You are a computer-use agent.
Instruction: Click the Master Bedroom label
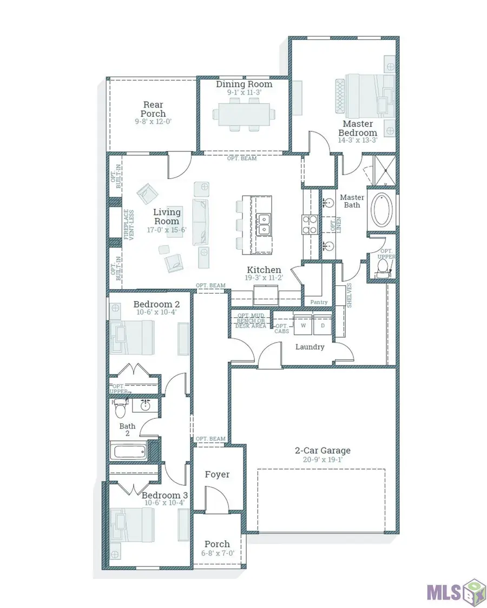[358, 128]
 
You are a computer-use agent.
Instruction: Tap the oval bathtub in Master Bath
[383, 209]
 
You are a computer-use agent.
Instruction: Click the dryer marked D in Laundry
[322, 326]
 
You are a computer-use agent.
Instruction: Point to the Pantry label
[318, 302]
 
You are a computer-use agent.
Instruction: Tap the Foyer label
[217, 474]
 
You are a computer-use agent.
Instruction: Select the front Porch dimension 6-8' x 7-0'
[217, 553]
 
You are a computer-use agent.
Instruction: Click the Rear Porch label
[153, 109]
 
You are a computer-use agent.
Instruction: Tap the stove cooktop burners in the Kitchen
[309, 224]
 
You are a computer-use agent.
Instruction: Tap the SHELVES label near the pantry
[350, 295]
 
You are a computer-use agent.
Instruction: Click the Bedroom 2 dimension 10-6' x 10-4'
[155, 312]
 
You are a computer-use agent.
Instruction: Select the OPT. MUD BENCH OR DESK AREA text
[251, 320]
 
